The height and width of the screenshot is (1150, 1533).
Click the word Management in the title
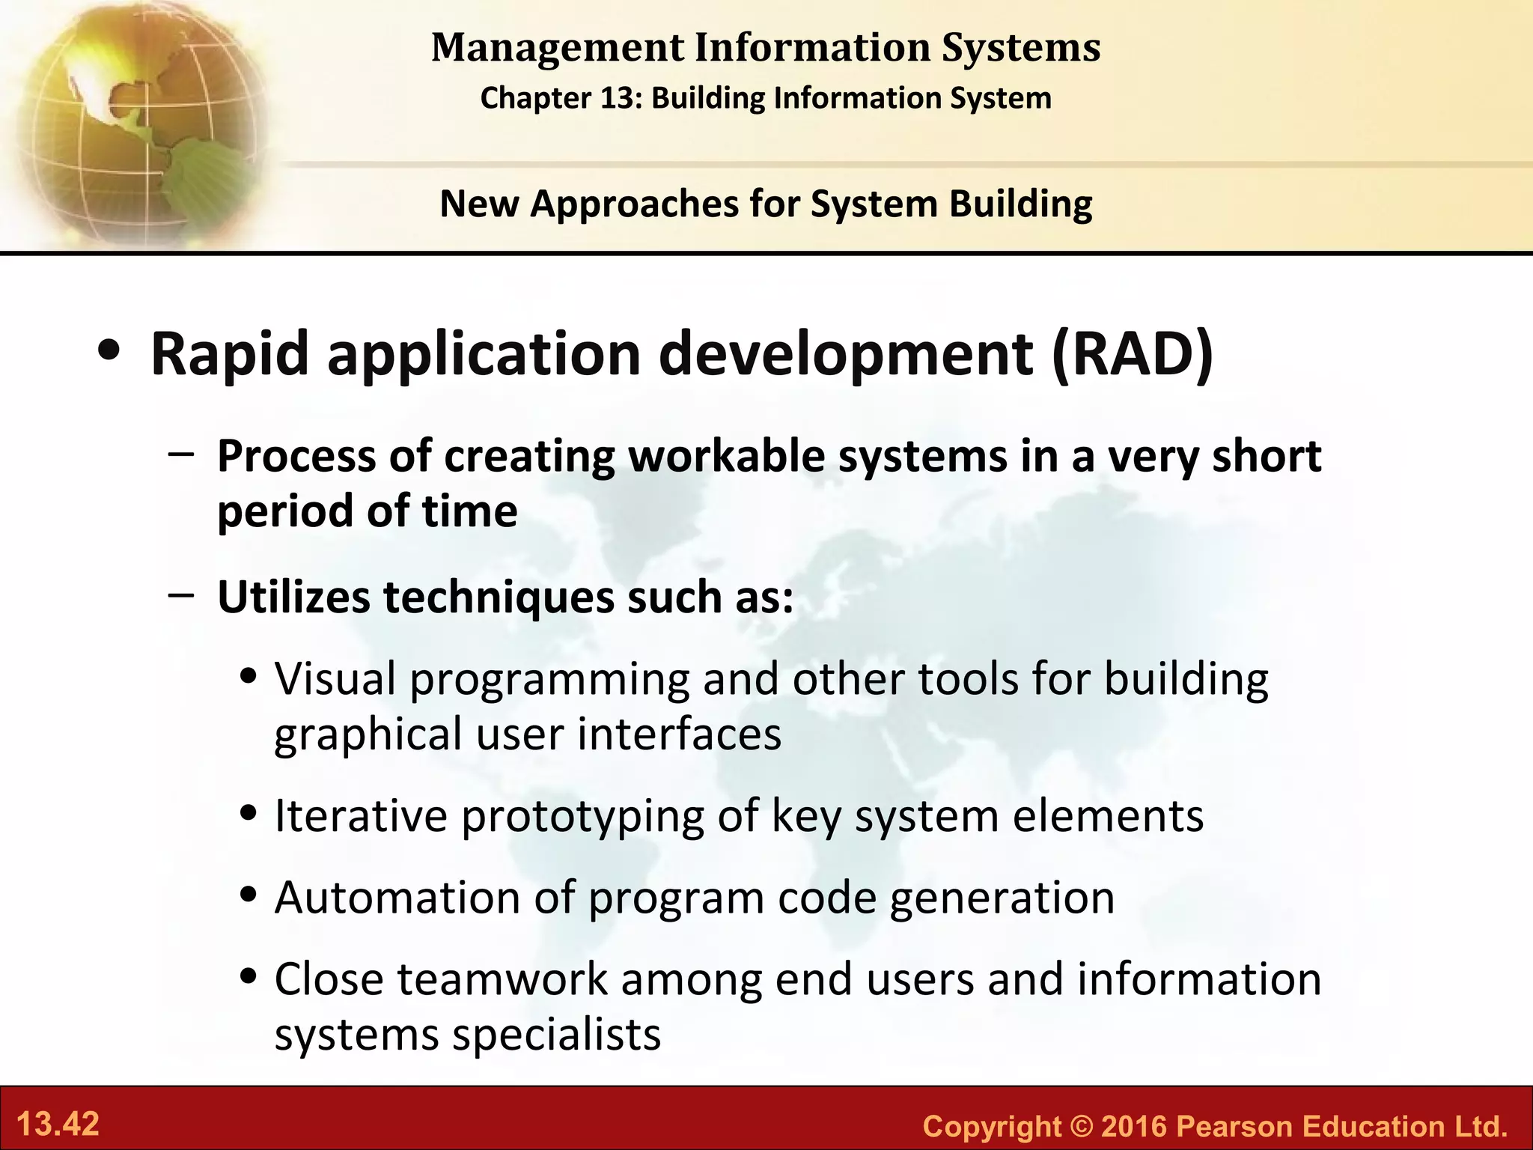(557, 48)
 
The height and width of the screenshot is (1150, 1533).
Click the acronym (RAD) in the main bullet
(1131, 353)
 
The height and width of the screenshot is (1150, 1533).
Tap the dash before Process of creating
(182, 453)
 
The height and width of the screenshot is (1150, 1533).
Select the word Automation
(397, 897)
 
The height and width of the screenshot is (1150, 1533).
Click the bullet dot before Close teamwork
(249, 977)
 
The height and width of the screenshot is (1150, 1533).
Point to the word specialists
(556, 1035)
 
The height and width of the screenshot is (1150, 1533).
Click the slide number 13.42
(58, 1125)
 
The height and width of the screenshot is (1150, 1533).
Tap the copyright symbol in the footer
(1080, 1126)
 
